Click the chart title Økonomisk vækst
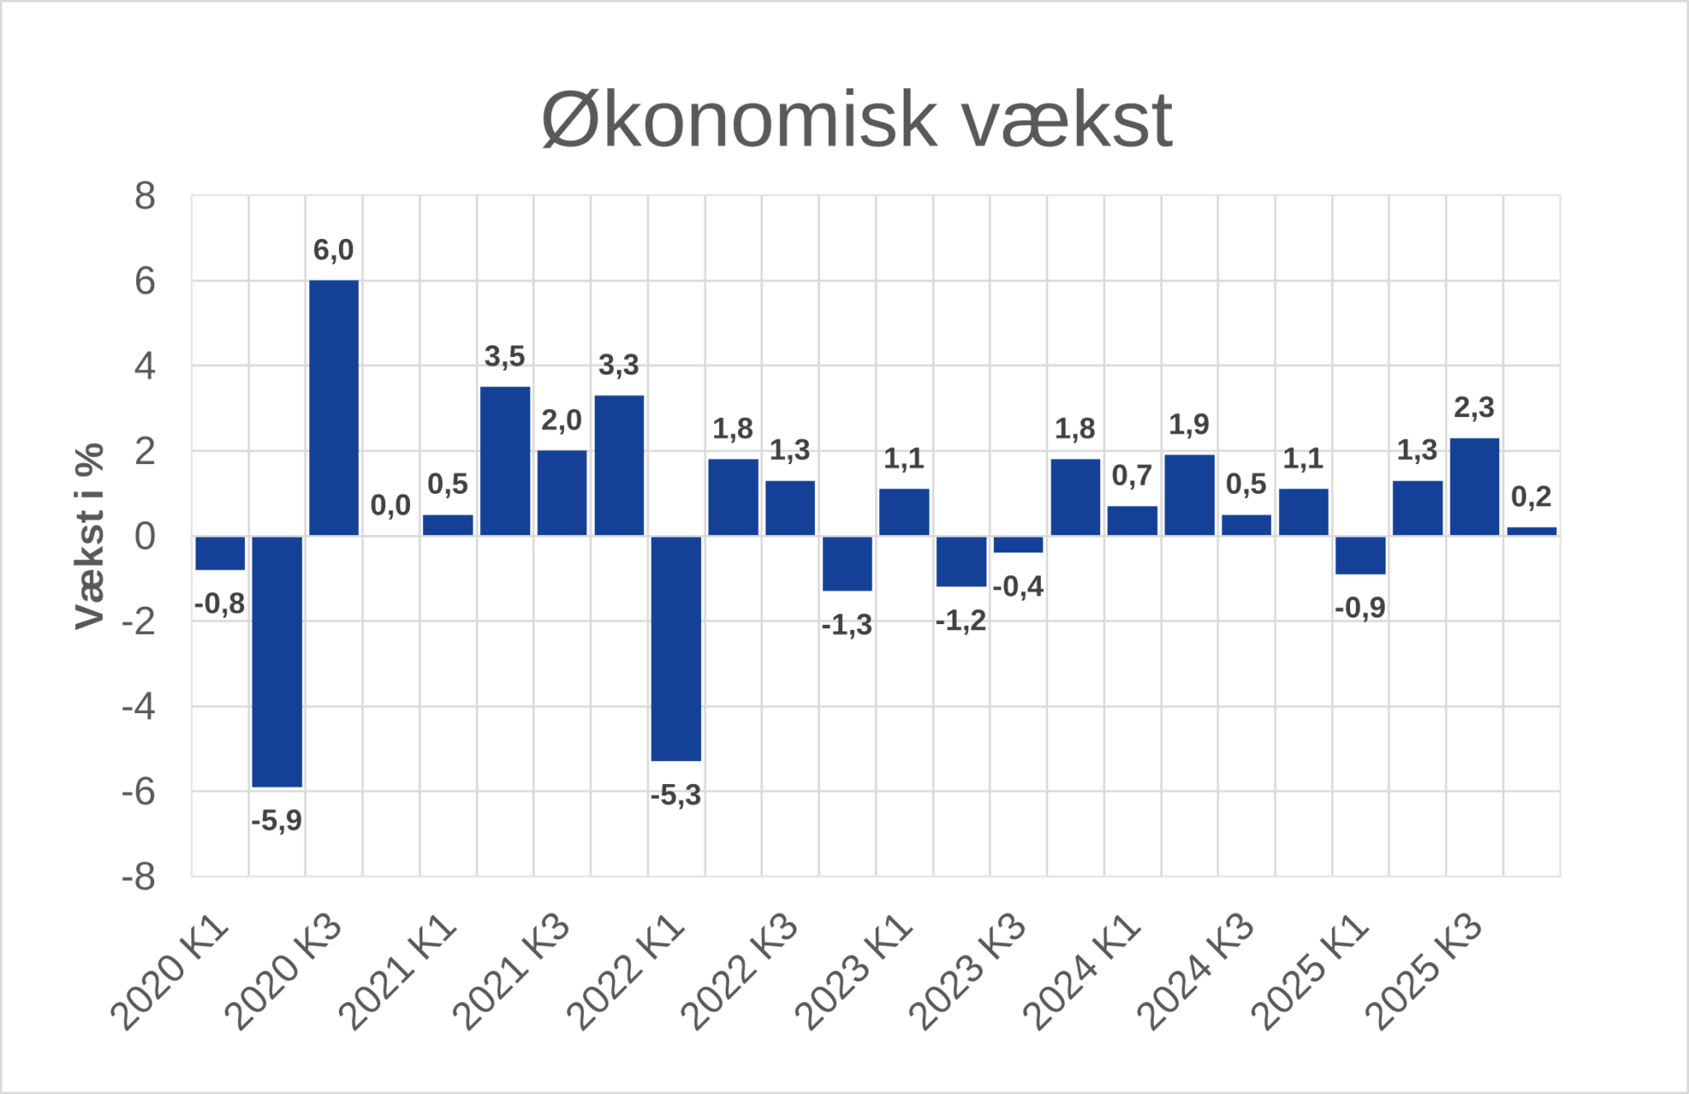[856, 120]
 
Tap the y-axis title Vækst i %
[90, 536]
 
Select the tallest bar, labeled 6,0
[334, 408]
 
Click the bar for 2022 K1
[676, 648]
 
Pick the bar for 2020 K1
[220, 553]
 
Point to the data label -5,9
[276, 820]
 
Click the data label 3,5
[505, 356]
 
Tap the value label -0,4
[1018, 586]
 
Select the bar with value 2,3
[1475, 486]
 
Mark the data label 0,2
[1531, 496]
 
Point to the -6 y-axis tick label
[139, 791]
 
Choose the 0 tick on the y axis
[145, 536]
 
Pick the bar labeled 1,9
[1189, 495]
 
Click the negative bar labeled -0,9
[1360, 555]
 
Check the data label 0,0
[390, 505]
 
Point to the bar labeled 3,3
[619, 466]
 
